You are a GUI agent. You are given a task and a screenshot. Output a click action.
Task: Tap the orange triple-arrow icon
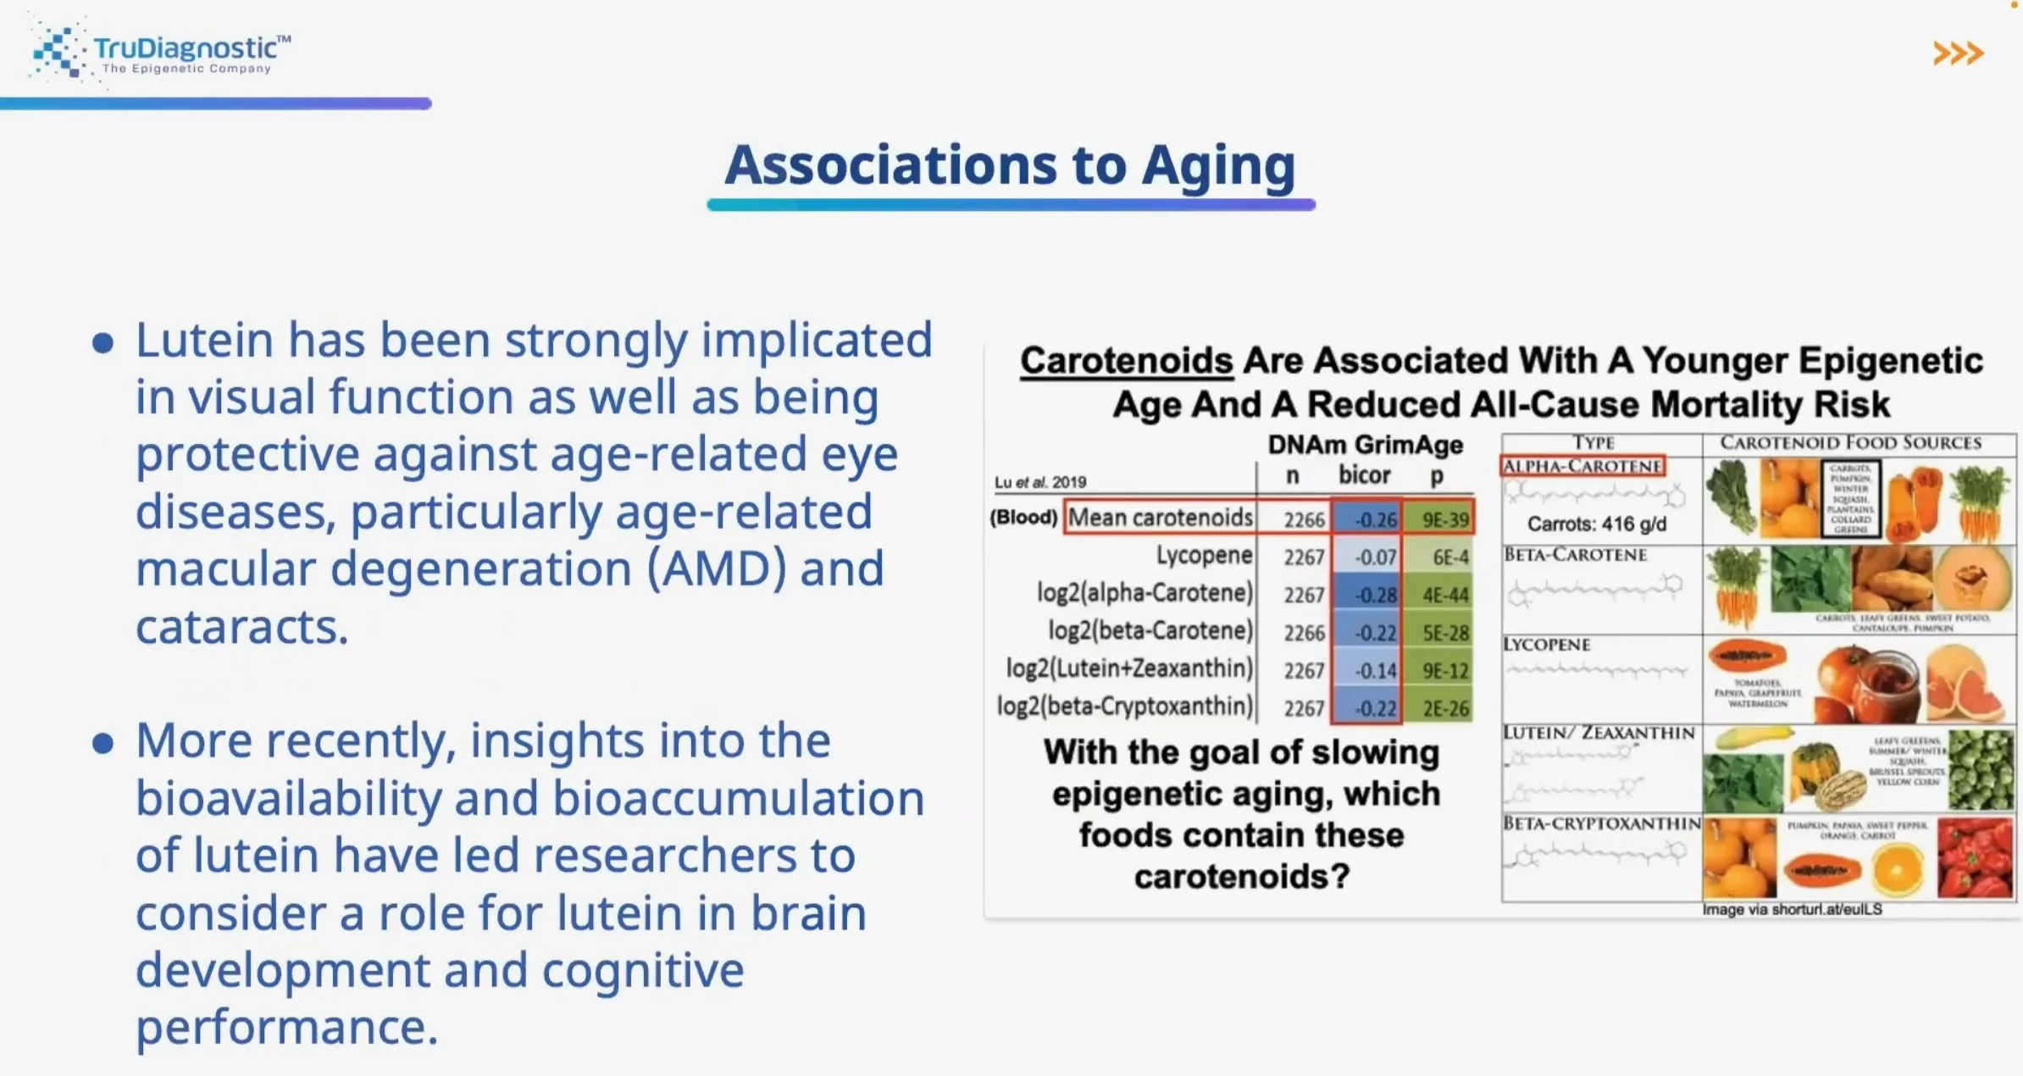[x=1958, y=53]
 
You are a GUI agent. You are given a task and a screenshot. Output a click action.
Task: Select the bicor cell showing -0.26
[x=1367, y=519]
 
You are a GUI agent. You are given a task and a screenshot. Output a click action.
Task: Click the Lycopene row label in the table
[x=1203, y=556]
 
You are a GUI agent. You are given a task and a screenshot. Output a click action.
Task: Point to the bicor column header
[x=1364, y=475]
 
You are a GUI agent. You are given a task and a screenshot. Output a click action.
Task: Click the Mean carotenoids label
[x=1160, y=518]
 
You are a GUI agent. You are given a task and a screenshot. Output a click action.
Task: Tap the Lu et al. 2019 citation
[x=1039, y=482]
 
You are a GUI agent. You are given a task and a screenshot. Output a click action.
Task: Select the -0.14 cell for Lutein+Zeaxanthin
[x=1367, y=671]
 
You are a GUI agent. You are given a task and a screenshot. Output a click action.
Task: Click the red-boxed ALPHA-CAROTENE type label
[x=1582, y=466]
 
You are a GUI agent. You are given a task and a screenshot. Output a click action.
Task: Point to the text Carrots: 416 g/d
[x=1596, y=524]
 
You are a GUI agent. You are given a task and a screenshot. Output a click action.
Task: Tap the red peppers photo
[x=1974, y=858]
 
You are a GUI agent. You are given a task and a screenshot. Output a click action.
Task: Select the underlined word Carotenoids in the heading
[x=1126, y=361]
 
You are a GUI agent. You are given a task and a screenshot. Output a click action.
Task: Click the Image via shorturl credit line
[x=1792, y=909]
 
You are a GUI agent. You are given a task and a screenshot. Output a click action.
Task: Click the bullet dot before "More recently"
[x=103, y=743]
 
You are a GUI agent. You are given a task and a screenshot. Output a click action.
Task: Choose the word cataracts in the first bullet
[x=241, y=628]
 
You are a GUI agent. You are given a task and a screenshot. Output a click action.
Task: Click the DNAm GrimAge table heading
[x=1364, y=445]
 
